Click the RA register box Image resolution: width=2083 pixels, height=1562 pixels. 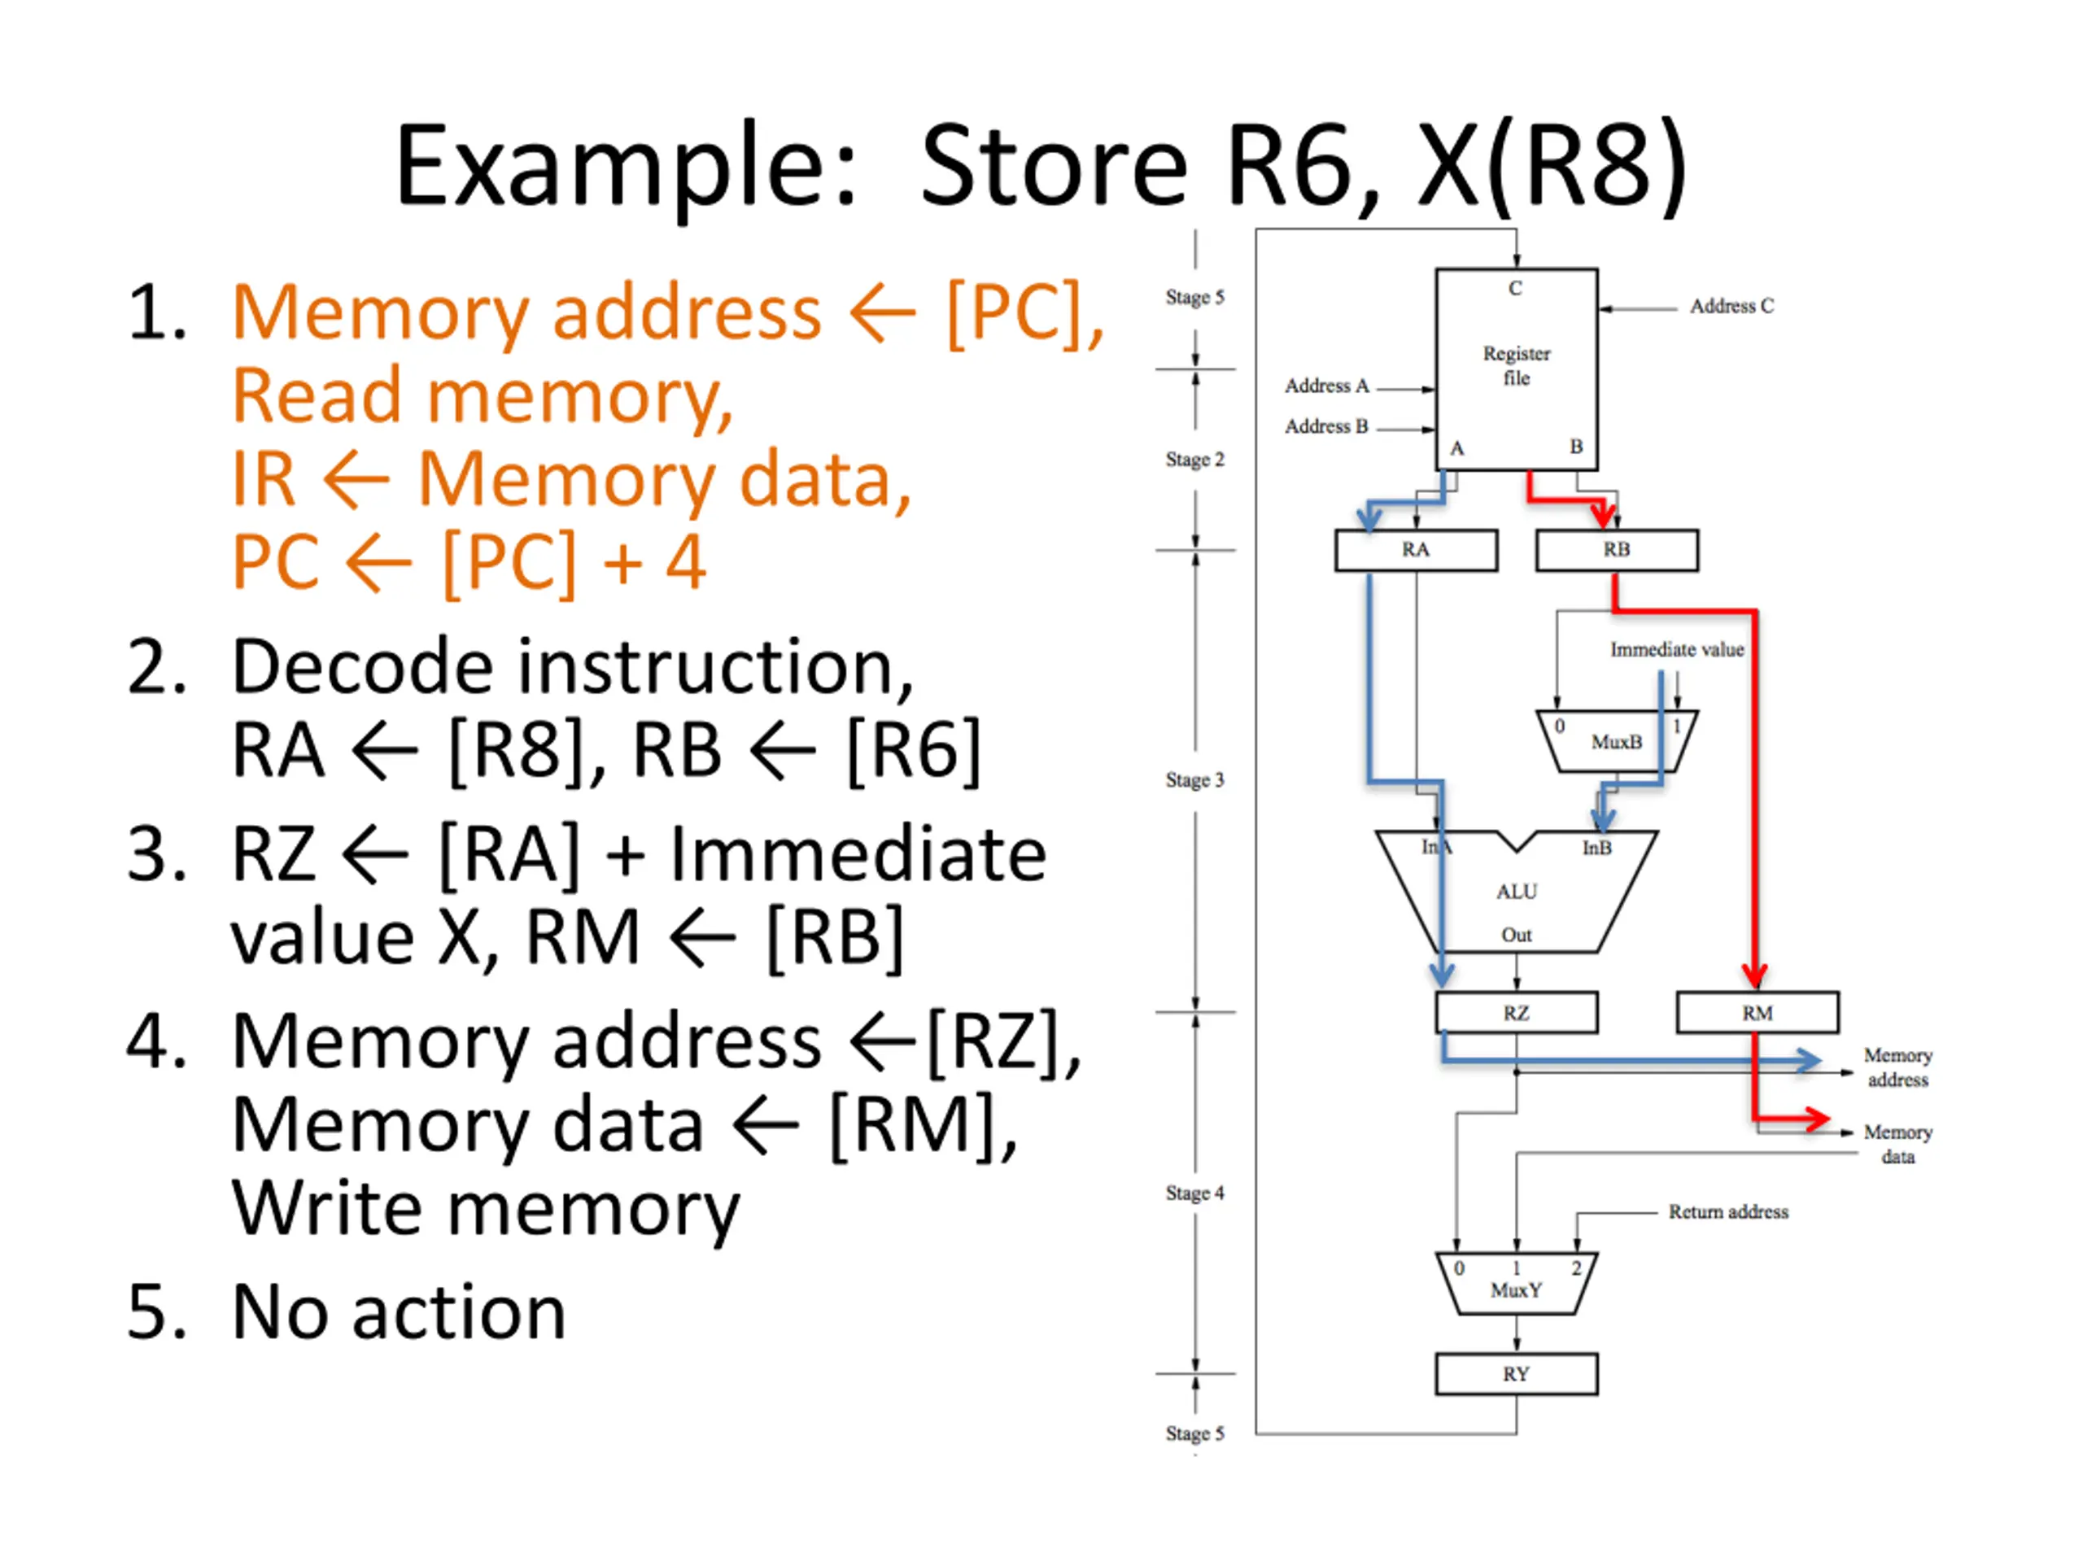1415,550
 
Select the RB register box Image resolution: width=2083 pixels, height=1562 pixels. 1617,550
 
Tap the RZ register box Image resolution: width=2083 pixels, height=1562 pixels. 1516,1012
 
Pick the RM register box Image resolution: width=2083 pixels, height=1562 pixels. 1758,1012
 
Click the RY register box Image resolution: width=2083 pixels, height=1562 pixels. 1516,1374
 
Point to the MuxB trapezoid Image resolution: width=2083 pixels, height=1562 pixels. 1617,741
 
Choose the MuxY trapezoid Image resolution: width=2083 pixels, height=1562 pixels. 1516,1282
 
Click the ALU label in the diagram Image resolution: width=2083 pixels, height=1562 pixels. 1516,892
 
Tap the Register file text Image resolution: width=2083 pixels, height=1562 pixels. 1516,365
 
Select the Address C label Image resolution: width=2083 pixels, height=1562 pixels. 1731,306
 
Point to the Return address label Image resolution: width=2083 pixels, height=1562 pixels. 1728,1211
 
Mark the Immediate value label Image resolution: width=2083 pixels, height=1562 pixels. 1676,650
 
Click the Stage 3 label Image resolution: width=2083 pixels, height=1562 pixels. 1194,779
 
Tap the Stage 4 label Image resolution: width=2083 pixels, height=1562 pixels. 1194,1193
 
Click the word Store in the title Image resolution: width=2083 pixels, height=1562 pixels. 1054,167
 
